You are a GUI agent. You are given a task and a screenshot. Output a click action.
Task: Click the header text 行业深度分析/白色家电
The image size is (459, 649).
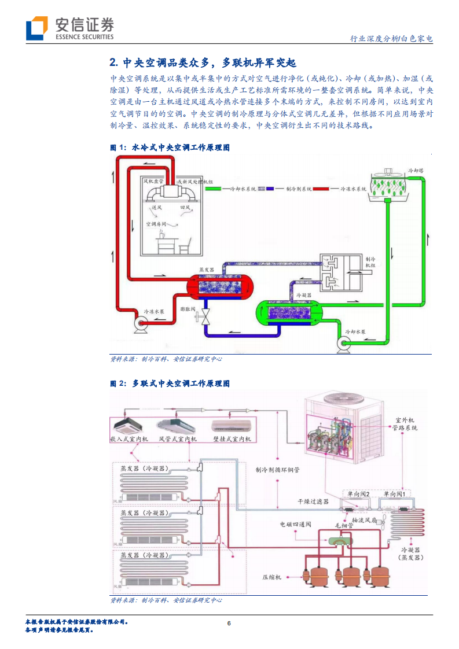[x=391, y=39]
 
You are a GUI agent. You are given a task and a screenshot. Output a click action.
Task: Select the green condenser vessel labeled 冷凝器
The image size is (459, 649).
[x=288, y=313]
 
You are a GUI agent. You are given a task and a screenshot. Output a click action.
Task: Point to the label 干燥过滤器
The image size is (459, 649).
[x=313, y=502]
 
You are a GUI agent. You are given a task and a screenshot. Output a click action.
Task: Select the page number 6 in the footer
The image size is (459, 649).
[x=229, y=624]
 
